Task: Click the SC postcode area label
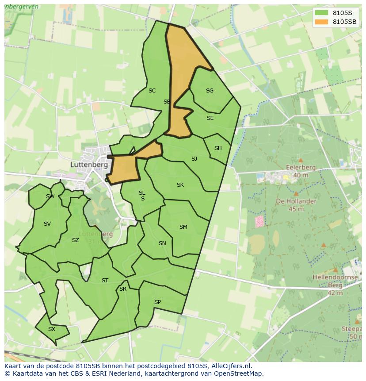152,91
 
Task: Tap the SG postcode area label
210,91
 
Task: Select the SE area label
210,118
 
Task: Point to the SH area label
218,148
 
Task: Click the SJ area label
194,159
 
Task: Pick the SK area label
180,185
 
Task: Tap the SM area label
183,227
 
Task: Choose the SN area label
162,243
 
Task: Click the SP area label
157,302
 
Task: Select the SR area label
123,289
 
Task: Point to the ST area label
105,281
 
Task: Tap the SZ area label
75,240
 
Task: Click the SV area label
47,224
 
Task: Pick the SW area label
50,196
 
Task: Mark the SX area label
52,329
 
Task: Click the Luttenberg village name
89,164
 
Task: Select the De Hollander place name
296,201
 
